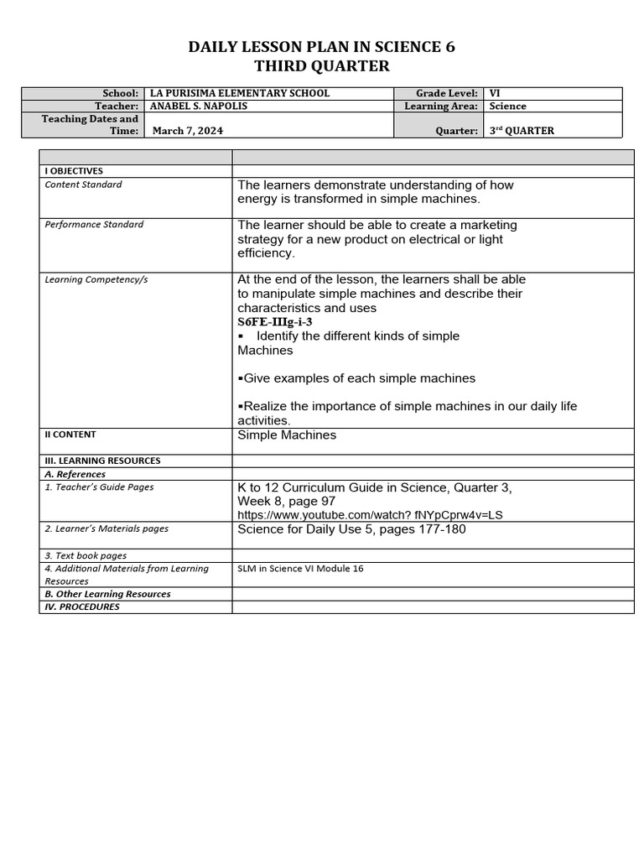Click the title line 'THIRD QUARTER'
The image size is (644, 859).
coord(322,66)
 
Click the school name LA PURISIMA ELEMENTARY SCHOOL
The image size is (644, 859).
coord(239,94)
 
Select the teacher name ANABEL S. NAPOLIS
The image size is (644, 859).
coord(200,107)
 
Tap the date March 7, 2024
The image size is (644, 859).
coord(188,131)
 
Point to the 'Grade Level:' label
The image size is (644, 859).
coord(447,94)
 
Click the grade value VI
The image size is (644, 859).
coord(495,94)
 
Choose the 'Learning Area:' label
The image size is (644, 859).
coord(441,107)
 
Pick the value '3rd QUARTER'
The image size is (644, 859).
coord(522,131)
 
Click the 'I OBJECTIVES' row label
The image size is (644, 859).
coord(74,171)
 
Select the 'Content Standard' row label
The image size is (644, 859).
coord(83,185)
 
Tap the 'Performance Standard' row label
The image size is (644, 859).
coord(94,225)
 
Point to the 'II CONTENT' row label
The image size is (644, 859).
coord(70,435)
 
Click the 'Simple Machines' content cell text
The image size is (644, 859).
coord(287,435)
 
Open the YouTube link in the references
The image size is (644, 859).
coord(370,515)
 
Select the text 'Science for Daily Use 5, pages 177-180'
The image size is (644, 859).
coord(351,529)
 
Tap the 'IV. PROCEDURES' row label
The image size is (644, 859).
coord(82,607)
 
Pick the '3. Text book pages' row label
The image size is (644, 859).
coord(86,555)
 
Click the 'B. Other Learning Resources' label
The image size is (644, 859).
coord(107,594)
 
